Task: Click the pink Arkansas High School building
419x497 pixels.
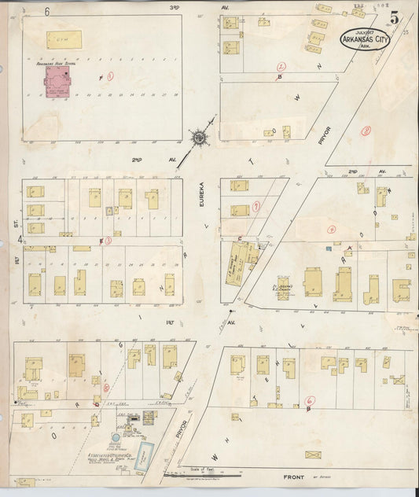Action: click(56, 82)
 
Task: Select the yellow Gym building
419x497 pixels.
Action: click(58, 38)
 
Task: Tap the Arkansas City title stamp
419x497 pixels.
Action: click(364, 39)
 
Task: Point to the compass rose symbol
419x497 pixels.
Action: click(200, 138)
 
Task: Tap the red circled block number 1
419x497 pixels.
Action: click(110, 76)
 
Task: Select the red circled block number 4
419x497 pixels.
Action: click(332, 229)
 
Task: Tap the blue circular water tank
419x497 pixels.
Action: click(116, 436)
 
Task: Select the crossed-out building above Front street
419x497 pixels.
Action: click(314, 455)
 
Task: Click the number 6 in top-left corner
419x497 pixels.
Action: click(46, 12)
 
